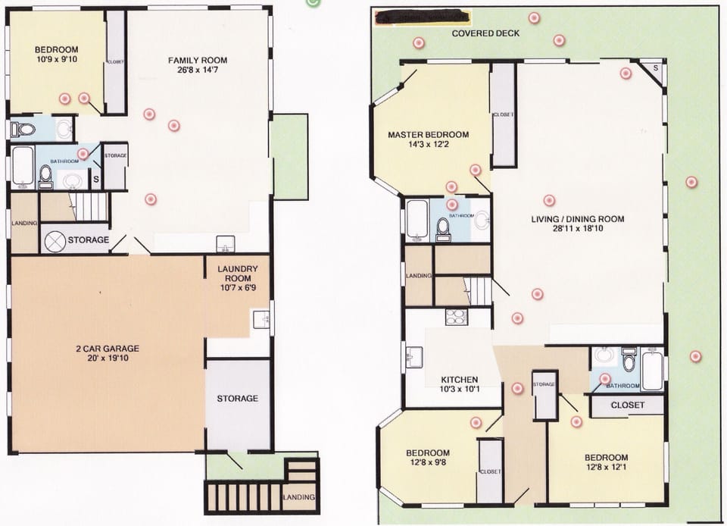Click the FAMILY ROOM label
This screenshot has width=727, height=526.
click(x=197, y=60)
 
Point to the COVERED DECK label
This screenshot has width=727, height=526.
click(x=485, y=34)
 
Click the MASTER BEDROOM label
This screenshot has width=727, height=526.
click(x=428, y=135)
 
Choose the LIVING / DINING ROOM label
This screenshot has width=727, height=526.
click(x=577, y=219)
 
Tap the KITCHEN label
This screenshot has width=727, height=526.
click(x=460, y=380)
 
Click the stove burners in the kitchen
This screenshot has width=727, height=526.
click(x=457, y=317)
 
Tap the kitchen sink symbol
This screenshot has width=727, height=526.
click(x=413, y=356)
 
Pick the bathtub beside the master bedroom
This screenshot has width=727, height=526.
click(x=417, y=221)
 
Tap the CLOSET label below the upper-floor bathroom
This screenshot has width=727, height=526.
click(x=627, y=405)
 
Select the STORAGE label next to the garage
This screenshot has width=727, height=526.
click(x=238, y=398)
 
